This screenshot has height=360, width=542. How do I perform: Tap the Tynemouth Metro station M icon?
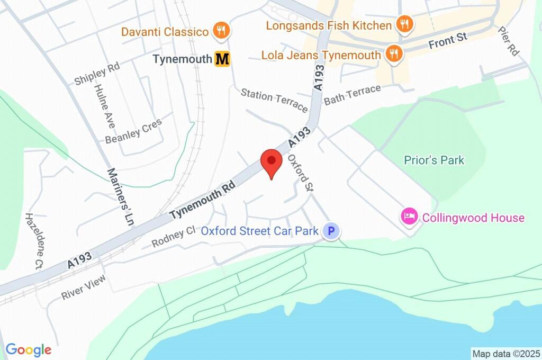[x=222, y=59]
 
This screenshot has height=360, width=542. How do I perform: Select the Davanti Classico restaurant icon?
[x=221, y=31]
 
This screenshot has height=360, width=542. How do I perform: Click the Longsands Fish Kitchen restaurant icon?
[x=405, y=24]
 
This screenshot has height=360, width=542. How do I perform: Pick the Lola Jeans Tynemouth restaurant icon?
[x=393, y=54]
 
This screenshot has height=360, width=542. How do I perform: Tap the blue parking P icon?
[x=331, y=231]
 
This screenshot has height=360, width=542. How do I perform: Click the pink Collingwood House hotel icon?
[x=409, y=217]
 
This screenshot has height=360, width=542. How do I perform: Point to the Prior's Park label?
[x=433, y=160]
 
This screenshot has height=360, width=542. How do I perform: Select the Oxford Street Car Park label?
[x=260, y=231]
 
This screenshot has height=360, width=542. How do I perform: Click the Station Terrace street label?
[x=274, y=100]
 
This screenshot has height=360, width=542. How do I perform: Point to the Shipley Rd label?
[x=97, y=74]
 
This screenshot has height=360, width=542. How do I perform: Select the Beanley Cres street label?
[x=133, y=131]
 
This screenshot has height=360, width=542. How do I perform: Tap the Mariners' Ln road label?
[x=120, y=197]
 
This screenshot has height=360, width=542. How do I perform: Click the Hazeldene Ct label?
[x=33, y=241]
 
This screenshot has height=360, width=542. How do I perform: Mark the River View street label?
[x=83, y=287]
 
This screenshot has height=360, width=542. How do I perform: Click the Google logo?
[x=29, y=349]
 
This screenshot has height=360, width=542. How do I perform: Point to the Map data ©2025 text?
[x=505, y=354]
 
